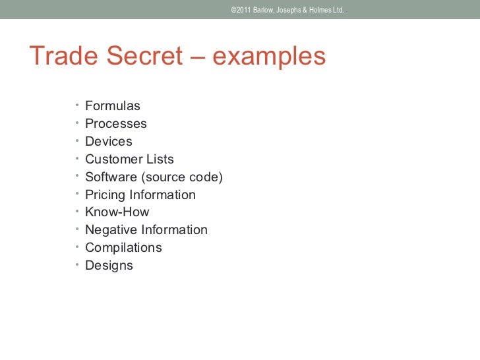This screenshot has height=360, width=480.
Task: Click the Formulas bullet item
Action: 113,106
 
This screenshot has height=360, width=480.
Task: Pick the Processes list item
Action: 116,124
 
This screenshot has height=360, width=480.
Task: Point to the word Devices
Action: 109,142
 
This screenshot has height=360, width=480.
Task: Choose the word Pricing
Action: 105,195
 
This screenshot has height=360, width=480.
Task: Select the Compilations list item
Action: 123,248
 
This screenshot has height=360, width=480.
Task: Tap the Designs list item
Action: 109,266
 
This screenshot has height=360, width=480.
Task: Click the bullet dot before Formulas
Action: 76,105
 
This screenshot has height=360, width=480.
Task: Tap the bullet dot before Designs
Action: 76,264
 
